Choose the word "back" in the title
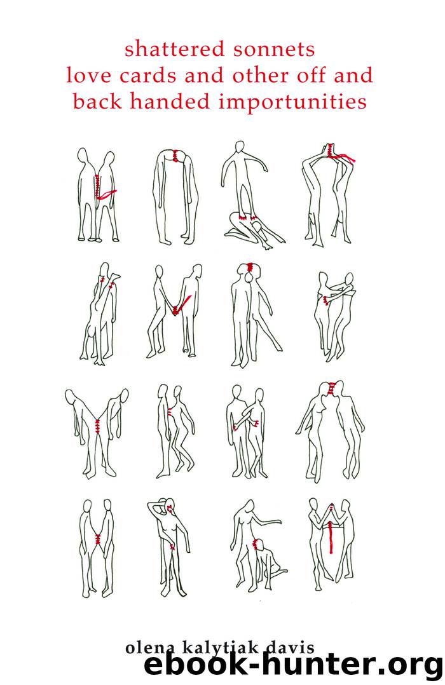pyautogui.click(x=93, y=102)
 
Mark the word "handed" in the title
pyautogui.click(x=160, y=102)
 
